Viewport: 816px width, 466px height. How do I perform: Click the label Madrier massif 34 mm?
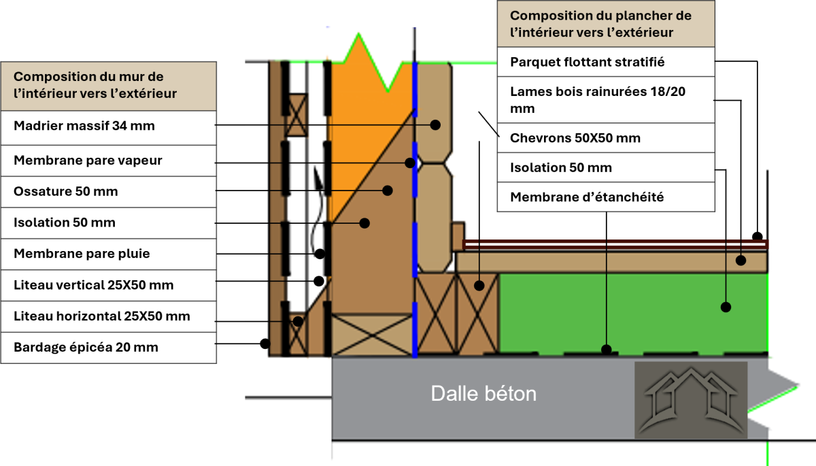(84, 126)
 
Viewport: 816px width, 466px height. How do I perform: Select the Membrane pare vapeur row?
(88, 161)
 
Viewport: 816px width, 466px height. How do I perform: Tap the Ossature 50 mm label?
(66, 192)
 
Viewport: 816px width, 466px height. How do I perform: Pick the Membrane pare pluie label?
(82, 254)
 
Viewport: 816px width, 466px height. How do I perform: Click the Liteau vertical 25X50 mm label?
(93, 285)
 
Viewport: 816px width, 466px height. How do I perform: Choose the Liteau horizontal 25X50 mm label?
(102, 316)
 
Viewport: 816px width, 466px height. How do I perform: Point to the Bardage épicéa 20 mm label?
(86, 348)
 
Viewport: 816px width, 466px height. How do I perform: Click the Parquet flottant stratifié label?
(587, 62)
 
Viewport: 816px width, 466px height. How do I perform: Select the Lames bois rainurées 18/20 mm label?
(598, 99)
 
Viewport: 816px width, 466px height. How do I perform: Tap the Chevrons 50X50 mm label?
(575, 138)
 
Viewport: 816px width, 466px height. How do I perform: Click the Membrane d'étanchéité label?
(587, 197)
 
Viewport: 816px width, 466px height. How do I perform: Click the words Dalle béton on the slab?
(483, 393)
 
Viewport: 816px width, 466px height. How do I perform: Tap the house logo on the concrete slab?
(690, 400)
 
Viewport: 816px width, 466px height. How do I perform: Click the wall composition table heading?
(95, 85)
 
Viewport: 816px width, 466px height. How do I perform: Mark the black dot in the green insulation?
(726, 307)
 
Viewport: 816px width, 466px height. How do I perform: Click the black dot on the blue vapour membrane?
(410, 163)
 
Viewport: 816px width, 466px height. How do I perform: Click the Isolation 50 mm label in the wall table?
(65, 222)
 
